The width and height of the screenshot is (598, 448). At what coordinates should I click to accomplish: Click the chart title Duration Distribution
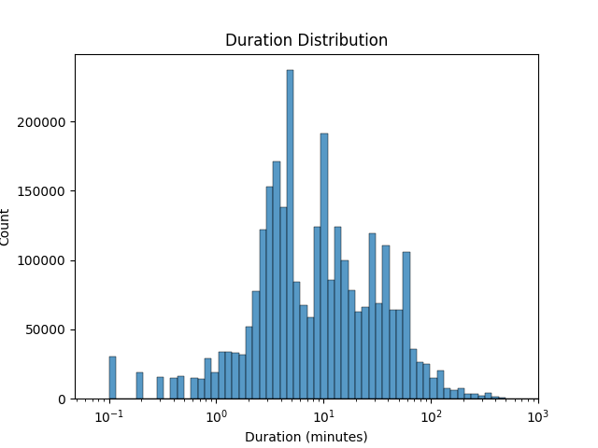(306, 41)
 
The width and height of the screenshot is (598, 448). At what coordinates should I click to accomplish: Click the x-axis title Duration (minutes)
(306, 437)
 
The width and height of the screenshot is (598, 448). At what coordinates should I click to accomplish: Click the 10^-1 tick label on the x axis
(108, 414)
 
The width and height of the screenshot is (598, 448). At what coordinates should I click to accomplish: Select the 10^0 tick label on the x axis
(216, 414)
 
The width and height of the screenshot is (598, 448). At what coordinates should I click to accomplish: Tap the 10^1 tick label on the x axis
(323, 414)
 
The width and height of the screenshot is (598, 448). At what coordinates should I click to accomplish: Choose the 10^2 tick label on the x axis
(431, 414)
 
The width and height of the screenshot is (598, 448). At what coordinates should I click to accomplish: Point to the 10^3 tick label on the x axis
(537, 414)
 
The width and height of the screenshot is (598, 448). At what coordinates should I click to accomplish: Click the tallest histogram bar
(290, 233)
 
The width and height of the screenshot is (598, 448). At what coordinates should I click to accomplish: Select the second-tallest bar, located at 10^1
(324, 266)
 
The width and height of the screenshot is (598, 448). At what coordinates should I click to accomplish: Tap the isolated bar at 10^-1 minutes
(112, 378)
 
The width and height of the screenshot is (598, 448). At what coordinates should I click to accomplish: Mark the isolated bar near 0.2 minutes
(139, 385)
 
